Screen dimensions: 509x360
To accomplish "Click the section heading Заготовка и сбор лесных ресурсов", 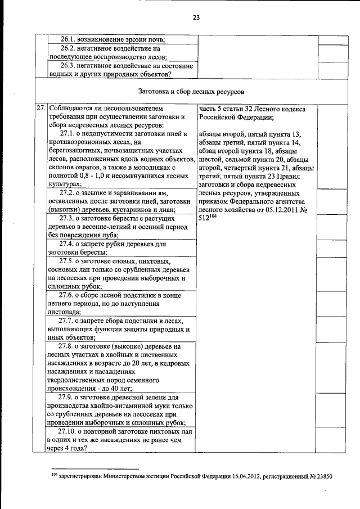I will (x=191, y=91).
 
